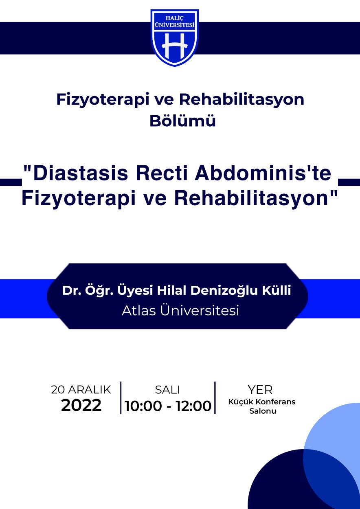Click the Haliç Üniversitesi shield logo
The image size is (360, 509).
(175, 38)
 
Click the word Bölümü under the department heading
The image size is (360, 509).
(182, 121)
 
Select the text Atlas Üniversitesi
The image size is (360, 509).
(180, 311)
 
